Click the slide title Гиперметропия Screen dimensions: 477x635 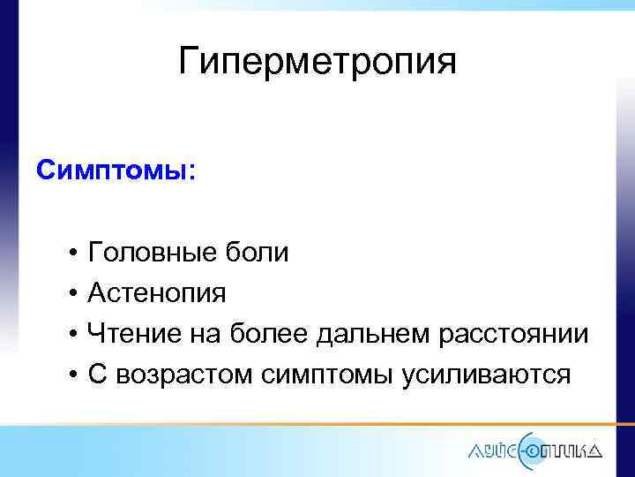(317, 62)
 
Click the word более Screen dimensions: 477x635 (261, 334)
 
